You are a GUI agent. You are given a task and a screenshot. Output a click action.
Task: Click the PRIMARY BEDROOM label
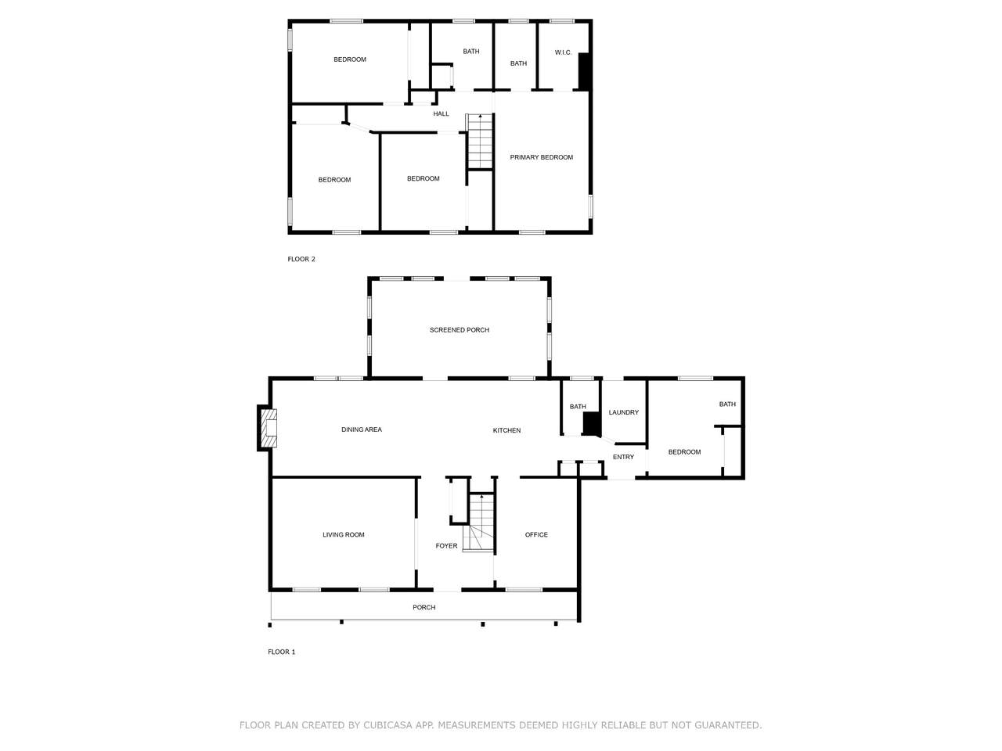tap(541, 157)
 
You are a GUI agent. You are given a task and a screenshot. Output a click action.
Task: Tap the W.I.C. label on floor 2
tap(563, 52)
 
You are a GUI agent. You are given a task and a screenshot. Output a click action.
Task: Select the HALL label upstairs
tap(441, 113)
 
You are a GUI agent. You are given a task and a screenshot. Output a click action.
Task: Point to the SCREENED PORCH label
tap(460, 329)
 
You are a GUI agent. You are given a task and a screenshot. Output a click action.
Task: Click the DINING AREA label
tap(362, 429)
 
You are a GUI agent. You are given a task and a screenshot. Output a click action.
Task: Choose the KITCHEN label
tap(506, 430)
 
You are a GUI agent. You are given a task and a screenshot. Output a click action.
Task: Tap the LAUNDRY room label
tap(624, 412)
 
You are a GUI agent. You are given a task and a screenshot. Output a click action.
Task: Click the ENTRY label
tap(623, 456)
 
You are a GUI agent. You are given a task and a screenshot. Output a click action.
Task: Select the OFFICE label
tap(536, 534)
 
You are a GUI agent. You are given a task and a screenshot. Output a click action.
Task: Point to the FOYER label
tap(446, 545)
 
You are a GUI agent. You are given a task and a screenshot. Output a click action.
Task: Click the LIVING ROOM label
tap(344, 534)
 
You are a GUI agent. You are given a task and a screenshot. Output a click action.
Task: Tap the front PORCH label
tap(424, 607)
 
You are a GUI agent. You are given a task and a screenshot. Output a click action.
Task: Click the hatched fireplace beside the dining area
tap(269, 428)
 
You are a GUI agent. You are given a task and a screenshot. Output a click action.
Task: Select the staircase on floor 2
tap(480, 141)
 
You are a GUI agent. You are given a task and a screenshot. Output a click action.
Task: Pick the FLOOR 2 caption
tap(301, 259)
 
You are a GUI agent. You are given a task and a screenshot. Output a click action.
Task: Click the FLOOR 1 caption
tap(281, 652)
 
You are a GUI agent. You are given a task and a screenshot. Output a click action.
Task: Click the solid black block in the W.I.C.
tap(584, 71)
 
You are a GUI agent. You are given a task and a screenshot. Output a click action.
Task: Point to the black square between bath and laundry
tap(591, 423)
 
